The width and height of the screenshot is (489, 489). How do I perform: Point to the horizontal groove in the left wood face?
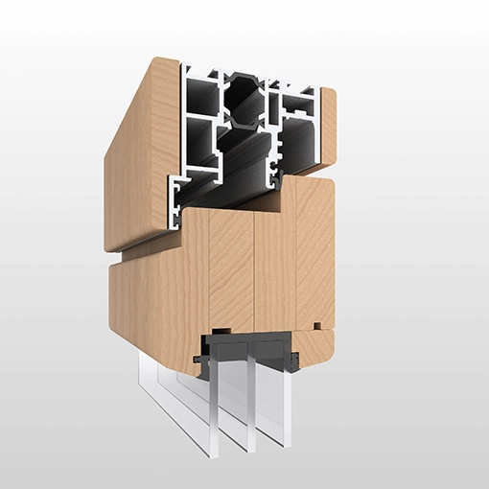(x=144, y=255)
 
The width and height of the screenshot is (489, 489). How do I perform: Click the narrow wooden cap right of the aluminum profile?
(x=327, y=125)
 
